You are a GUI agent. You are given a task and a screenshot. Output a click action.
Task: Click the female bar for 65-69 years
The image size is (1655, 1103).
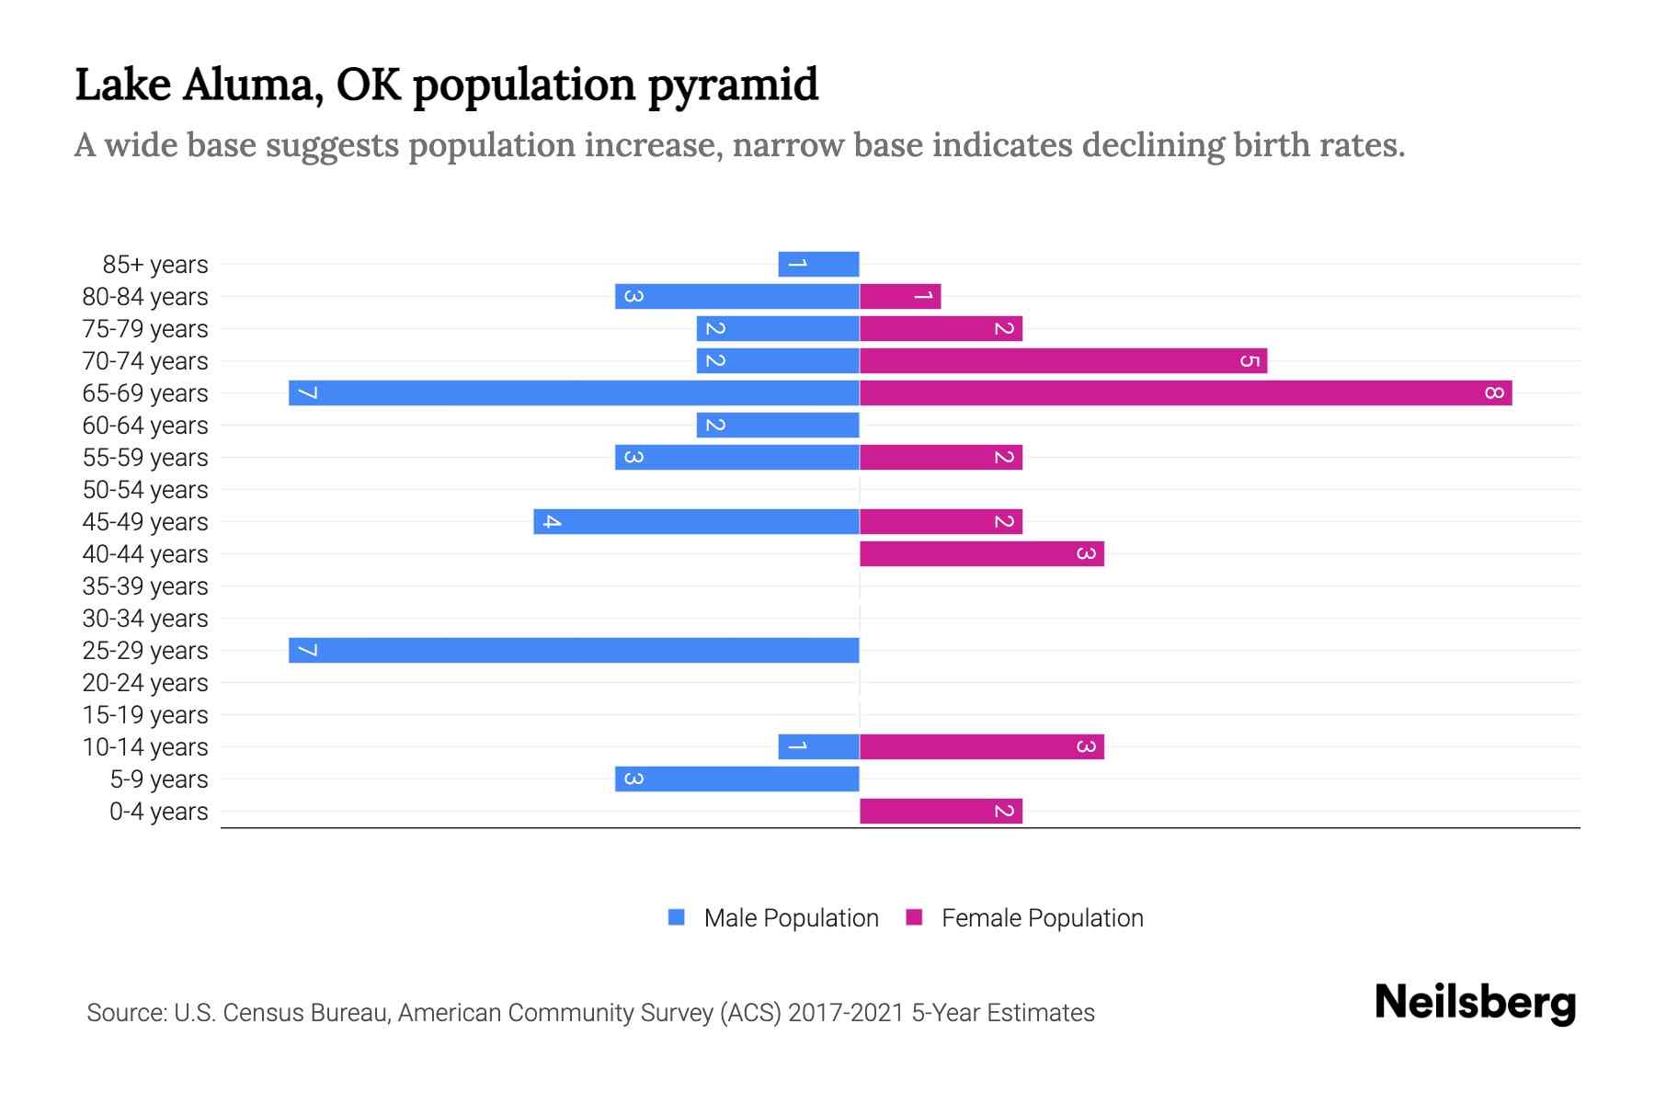pos(1185,393)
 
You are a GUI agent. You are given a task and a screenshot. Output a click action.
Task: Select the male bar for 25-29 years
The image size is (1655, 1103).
pos(574,651)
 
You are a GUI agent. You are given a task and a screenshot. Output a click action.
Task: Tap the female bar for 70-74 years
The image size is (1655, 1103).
pos(1063,361)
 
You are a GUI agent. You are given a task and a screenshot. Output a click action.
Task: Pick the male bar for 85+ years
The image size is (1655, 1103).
pos(818,265)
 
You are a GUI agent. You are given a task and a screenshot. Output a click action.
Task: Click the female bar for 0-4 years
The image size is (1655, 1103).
pos(941,812)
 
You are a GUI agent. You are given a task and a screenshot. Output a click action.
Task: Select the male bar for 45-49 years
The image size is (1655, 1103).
pos(696,522)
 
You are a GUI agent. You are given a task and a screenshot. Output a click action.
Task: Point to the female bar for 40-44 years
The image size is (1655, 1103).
pos(981,554)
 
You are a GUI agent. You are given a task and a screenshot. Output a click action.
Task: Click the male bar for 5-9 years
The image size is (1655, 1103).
pos(736,779)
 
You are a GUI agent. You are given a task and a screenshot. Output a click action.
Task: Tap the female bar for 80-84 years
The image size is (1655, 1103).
pos(900,297)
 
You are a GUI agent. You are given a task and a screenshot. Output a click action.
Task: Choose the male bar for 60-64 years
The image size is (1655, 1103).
pos(778,426)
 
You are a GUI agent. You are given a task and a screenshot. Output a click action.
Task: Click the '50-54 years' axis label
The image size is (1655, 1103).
pos(145,490)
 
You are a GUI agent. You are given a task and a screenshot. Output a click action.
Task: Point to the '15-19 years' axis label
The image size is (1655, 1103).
pos(145,715)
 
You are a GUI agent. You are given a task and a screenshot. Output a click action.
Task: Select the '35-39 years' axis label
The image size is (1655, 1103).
pos(145,586)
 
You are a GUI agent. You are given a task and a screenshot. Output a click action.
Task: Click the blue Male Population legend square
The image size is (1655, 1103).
pos(677,917)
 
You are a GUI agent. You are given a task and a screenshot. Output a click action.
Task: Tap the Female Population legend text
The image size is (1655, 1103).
pos(1042,918)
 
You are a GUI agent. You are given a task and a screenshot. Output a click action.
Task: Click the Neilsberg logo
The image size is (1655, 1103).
pos(1475,1003)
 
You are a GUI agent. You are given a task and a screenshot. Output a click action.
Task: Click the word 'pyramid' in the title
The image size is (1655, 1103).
pos(732,85)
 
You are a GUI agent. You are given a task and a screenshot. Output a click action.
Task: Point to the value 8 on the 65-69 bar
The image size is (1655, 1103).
pos(1493,393)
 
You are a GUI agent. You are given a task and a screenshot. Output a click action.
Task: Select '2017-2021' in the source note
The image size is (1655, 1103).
pos(846,1013)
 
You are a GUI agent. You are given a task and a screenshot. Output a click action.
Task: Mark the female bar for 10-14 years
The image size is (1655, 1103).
pos(981,747)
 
